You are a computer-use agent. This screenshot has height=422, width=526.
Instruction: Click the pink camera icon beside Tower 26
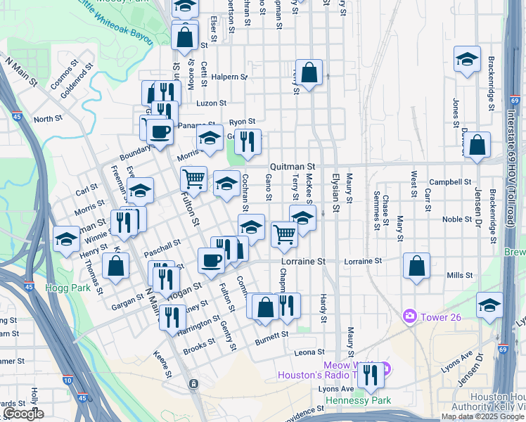click(x=409, y=316)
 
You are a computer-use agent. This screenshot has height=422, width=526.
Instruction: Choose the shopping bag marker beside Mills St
click(x=417, y=266)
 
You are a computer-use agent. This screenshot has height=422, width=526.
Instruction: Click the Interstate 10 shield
click(x=67, y=380)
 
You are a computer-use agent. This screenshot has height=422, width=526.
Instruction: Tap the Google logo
click(x=23, y=414)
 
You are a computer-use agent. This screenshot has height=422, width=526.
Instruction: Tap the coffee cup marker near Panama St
click(x=160, y=131)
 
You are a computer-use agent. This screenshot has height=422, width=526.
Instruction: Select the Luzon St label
click(x=211, y=103)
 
